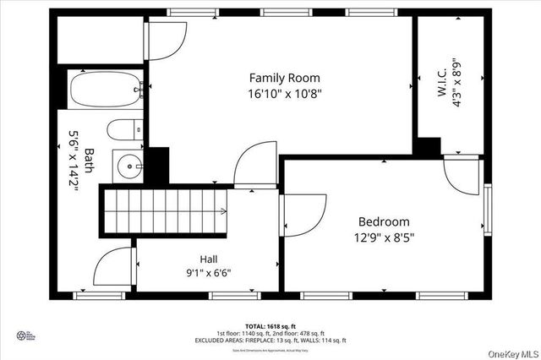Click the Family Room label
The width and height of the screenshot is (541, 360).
[284, 78]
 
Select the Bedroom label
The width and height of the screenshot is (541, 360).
[384, 221]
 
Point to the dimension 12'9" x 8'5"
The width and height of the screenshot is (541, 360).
[384, 237]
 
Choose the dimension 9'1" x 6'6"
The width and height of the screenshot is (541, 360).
[209, 272]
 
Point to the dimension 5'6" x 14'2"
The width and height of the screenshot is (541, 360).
[74, 160]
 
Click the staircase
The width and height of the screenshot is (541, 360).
[165, 213]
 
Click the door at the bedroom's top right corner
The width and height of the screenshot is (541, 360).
[461, 174]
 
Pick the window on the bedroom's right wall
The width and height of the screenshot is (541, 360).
[487, 210]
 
